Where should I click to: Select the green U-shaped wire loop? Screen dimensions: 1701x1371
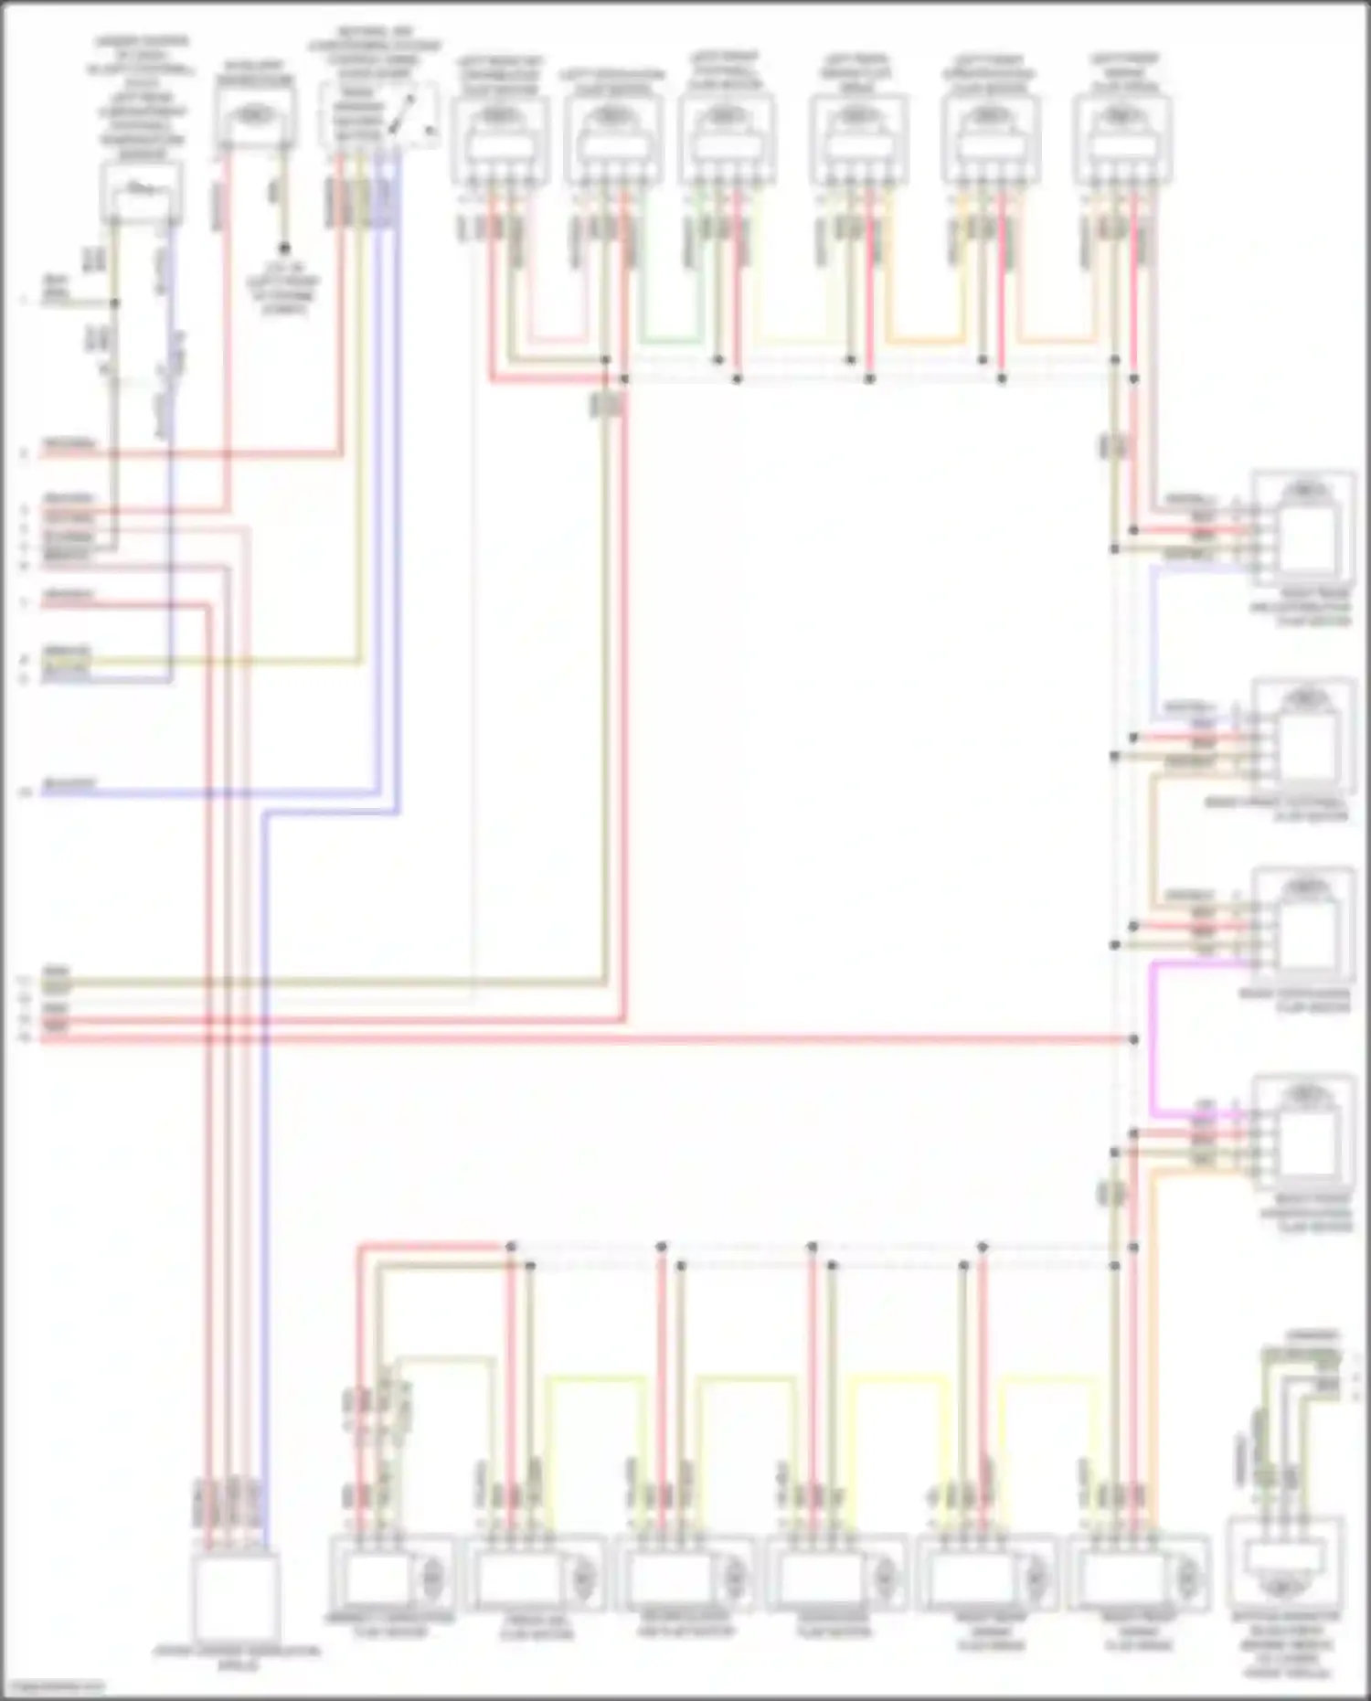672,342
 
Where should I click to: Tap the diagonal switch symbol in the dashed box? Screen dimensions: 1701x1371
402,113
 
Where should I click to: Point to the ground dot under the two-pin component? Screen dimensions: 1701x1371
284,248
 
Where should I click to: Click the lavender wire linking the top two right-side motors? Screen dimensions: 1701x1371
1153,640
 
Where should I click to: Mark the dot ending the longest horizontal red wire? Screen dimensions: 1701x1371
1133,1039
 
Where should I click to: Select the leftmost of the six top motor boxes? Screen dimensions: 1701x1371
499,137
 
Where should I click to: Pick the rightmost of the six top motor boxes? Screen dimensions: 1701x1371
1122,137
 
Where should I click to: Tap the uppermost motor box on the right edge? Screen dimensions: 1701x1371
1302,528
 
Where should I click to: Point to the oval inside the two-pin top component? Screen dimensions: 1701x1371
256,116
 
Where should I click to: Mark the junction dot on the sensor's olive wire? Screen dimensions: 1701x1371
115,302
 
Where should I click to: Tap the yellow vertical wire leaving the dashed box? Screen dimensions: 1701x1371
359,411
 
